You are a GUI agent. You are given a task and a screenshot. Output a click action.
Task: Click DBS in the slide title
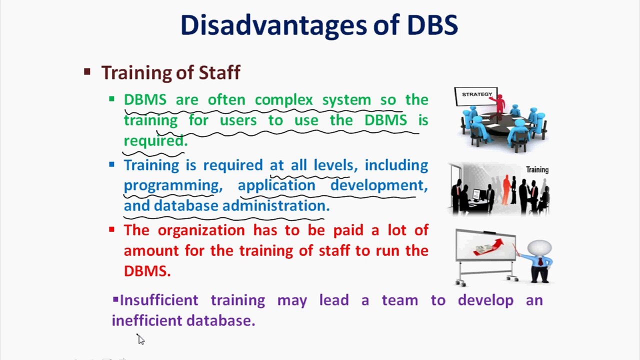[432, 25]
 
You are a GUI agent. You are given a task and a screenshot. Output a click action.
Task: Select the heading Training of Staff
[170, 73]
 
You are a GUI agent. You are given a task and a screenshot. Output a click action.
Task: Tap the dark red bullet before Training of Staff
[87, 72]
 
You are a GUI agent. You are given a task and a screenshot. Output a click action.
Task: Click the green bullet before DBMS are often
[111, 99]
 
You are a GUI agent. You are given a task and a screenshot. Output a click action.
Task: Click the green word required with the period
[155, 141]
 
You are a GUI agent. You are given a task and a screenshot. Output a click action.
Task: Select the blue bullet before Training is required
[111, 164]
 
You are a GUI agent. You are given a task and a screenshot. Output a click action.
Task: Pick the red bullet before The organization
[111, 229]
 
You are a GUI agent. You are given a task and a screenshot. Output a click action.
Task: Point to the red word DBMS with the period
[147, 271]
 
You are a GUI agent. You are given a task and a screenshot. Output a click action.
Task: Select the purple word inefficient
[147, 320]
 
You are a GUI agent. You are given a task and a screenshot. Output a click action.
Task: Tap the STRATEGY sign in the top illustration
[476, 94]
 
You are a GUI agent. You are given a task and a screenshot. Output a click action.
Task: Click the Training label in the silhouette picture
[537, 170]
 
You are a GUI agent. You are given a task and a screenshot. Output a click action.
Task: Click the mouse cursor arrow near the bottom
[140, 339]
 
